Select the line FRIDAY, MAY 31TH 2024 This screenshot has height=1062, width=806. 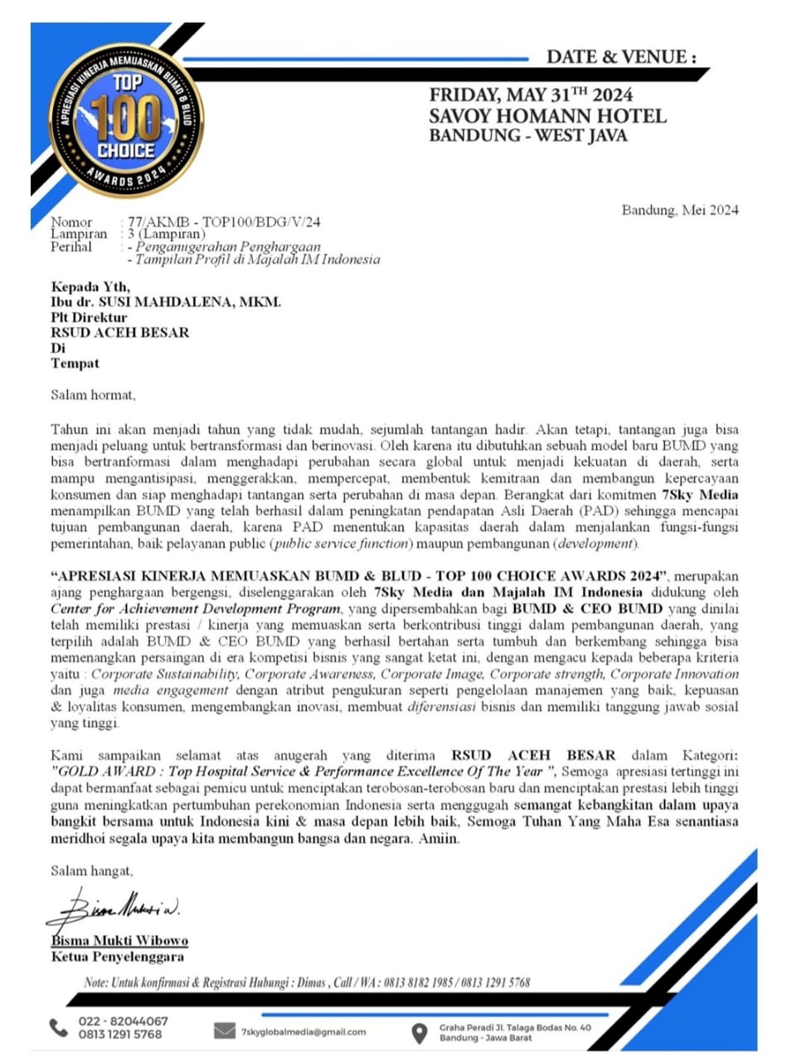531,95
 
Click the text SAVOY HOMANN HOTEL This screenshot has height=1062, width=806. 547,116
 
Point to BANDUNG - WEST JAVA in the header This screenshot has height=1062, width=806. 528,135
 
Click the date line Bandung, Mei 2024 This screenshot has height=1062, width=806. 680,210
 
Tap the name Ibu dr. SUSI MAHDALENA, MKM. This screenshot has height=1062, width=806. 166,302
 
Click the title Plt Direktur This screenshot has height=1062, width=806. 89,317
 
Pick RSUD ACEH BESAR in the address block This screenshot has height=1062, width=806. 120,333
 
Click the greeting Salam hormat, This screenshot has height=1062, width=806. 93,395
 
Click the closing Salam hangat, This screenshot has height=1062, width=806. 92,870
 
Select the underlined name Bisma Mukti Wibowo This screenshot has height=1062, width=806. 119,941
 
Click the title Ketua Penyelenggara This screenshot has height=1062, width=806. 118,957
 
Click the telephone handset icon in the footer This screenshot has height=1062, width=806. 58,1028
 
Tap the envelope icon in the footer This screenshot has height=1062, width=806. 224,1030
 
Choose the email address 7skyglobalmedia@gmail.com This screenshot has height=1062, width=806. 303,1032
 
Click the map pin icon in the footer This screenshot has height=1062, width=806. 420,1033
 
